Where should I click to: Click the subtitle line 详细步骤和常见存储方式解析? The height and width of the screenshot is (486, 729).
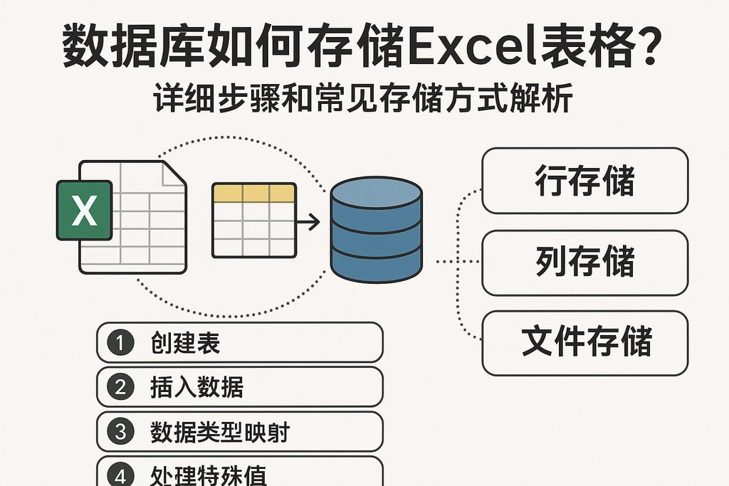coord(363,100)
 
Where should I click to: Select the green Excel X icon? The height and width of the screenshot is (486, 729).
coord(84,211)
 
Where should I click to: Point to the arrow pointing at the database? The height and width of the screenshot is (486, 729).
coord(308,223)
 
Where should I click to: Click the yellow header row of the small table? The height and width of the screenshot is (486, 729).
coord(254,193)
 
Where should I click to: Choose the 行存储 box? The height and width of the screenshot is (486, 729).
coord(584,181)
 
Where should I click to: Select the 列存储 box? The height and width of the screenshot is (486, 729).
coord(584,263)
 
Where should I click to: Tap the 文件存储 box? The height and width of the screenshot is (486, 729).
coord(584,342)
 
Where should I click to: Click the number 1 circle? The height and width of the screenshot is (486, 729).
coord(120,343)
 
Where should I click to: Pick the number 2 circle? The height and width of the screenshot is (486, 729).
coord(120,387)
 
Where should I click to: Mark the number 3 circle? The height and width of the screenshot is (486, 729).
coord(120,431)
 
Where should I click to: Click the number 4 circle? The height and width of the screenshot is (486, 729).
coord(120,472)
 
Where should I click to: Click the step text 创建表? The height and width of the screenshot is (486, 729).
coord(186,343)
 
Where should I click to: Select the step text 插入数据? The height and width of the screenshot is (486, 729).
coord(197,387)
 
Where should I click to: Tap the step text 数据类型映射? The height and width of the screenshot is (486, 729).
coord(220,431)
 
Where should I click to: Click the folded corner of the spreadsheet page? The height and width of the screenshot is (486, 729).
coord(174,174)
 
